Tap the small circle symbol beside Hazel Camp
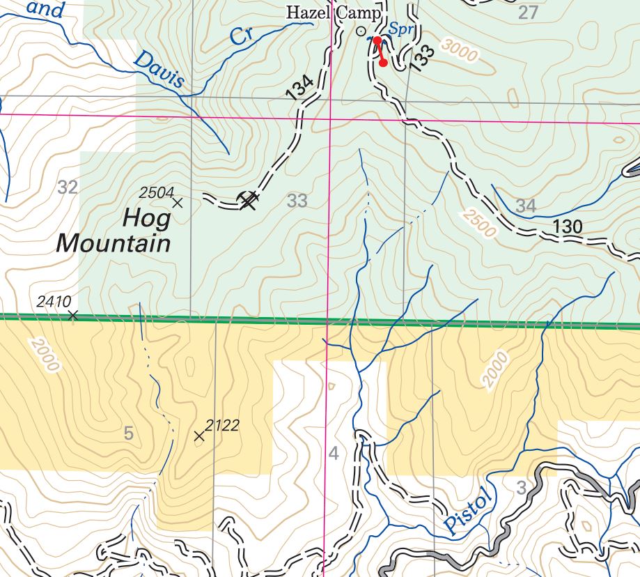pyautogui.click(x=360, y=31)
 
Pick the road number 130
pyautogui.click(x=568, y=226)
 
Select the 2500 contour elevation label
pyautogui.click(x=478, y=221)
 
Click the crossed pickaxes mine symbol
pyautogui.click(x=249, y=201)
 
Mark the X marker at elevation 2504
pyautogui.click(x=177, y=203)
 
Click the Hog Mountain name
pyautogui.click(x=114, y=231)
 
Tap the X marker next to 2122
pyautogui.click(x=199, y=436)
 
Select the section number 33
pyautogui.click(x=297, y=201)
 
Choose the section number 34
pyautogui.click(x=526, y=206)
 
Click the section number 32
pyautogui.click(x=68, y=187)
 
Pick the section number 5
pyautogui.click(x=128, y=433)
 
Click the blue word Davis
pyautogui.click(x=159, y=70)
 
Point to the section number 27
pyautogui.click(x=529, y=12)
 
